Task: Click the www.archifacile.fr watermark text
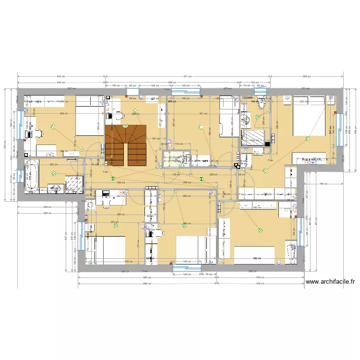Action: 330,282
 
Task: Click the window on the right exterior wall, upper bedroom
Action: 339,130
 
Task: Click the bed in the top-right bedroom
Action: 307,115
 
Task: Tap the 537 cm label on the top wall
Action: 72,89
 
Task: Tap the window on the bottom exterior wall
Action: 186,268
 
